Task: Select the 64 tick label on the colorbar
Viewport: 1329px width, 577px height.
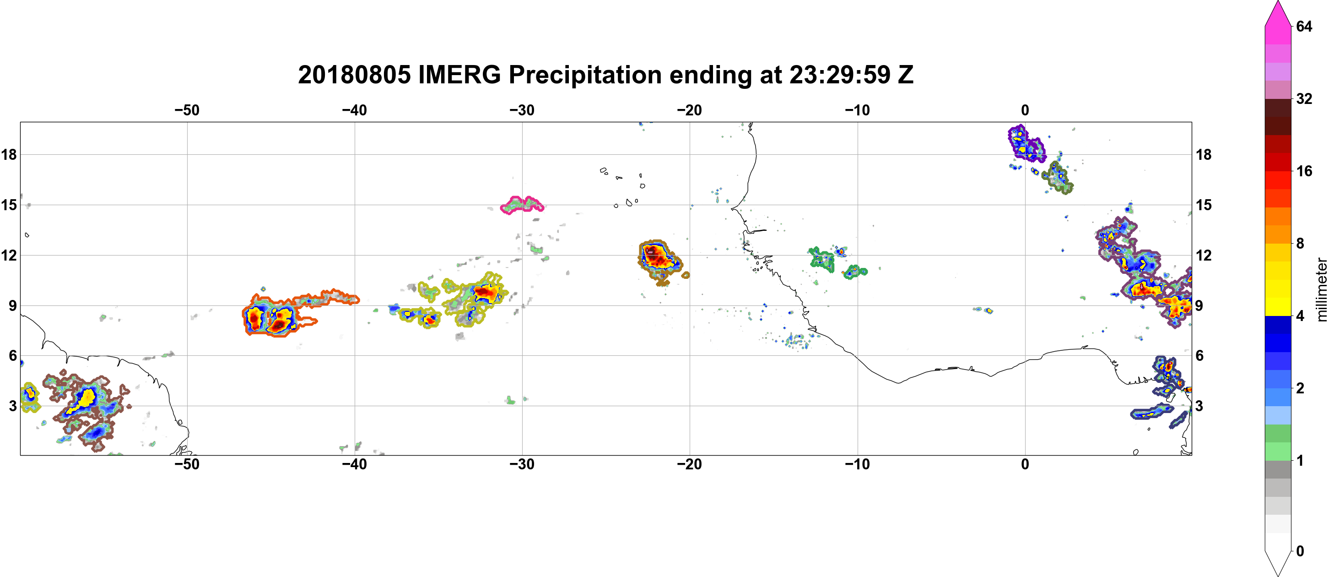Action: (1304, 26)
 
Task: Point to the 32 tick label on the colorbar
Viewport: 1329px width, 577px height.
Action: (1304, 98)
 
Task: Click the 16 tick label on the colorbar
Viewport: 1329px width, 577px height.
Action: (1304, 171)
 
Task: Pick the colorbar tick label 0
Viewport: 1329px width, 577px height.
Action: (1300, 551)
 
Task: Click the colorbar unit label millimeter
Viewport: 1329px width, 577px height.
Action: (1321, 289)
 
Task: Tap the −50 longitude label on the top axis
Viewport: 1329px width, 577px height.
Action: (187, 110)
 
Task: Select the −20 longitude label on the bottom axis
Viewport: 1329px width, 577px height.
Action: (690, 464)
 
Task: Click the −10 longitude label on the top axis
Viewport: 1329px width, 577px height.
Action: (858, 110)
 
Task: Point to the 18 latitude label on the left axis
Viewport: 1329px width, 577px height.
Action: (9, 154)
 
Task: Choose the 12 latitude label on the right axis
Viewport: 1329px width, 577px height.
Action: (1204, 255)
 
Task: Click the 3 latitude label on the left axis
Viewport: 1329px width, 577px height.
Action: (13, 406)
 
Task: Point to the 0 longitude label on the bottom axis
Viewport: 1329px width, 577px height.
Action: (1025, 464)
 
